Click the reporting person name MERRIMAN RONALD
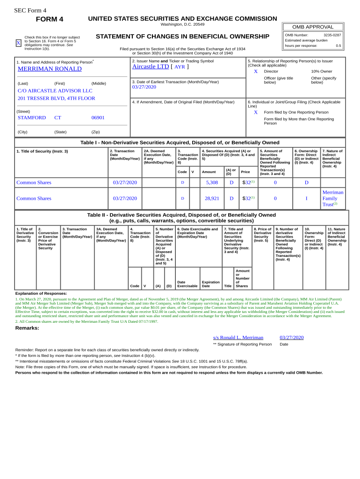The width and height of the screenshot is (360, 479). (50, 69)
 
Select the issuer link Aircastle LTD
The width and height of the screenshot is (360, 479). (151, 66)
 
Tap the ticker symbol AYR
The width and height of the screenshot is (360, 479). (180, 67)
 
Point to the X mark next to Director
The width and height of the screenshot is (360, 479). (255, 72)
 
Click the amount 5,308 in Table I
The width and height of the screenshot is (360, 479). (212, 182)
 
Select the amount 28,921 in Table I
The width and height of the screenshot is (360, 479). (212, 198)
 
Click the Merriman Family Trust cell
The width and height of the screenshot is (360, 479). (332, 198)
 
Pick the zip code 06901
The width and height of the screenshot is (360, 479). (98, 118)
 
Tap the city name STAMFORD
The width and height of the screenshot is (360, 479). (32, 118)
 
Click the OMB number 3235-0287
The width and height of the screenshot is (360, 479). (332, 35)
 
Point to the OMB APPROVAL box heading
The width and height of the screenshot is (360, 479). (313, 27)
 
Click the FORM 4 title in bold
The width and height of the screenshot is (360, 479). (50, 19)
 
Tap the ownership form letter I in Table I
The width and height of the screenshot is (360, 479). (306, 198)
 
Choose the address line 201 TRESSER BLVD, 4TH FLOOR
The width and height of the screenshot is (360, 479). (56, 98)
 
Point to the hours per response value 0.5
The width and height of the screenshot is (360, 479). (338, 46)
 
